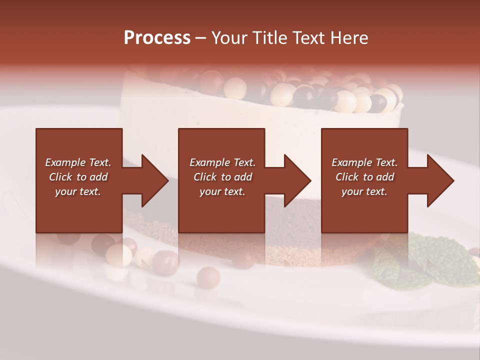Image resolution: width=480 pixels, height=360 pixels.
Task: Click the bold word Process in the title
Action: coord(157,38)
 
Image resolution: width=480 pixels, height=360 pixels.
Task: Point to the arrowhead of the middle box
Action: coord(296,180)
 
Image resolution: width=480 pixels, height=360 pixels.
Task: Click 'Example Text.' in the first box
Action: coord(78,162)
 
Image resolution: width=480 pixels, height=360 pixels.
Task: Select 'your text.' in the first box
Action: coord(78,191)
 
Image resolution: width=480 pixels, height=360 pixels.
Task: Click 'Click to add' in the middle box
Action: coord(222,177)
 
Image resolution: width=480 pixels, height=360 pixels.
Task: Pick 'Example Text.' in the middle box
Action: coord(222,162)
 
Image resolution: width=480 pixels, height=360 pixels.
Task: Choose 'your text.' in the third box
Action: coord(364,191)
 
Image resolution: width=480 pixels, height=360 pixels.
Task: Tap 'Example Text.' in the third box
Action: coord(364,162)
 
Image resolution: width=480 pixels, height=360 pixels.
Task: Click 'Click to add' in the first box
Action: coord(78,177)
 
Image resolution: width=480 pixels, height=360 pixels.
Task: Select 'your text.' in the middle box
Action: coord(222,191)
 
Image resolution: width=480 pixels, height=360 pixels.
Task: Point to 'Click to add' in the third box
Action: coord(364,177)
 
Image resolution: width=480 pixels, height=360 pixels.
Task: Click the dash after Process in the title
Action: coord(201,38)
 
